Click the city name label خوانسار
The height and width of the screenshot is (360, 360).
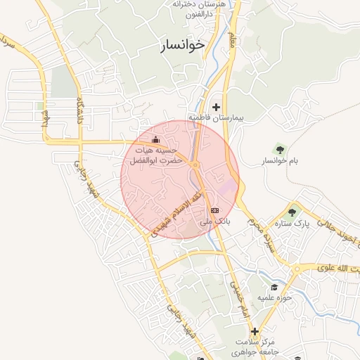(182, 44)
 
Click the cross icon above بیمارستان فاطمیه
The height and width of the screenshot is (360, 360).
(216, 107)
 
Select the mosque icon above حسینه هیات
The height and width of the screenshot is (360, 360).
(155, 139)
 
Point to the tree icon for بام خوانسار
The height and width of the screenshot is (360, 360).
(281, 149)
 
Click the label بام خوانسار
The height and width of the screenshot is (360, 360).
(281, 161)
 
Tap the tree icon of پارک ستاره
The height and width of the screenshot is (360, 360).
(292, 211)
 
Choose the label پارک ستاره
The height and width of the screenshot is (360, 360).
(292, 224)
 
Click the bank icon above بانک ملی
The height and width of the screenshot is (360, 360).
(214, 210)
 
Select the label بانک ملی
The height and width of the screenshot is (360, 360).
(214, 221)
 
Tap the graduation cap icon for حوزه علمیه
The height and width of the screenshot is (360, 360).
(274, 287)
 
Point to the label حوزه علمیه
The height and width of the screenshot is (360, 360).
(274, 298)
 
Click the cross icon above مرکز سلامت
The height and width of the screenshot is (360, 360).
(255, 331)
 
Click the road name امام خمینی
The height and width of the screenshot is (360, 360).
(236, 299)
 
